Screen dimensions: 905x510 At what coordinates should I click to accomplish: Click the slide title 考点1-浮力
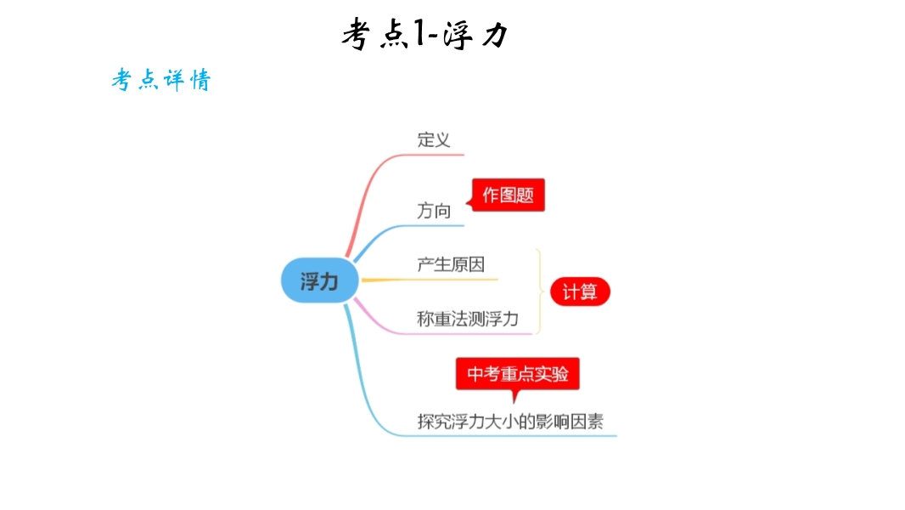tap(425, 34)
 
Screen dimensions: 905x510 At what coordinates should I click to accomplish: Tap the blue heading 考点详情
tap(161, 80)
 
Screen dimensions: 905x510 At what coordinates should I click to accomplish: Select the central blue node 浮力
tap(320, 280)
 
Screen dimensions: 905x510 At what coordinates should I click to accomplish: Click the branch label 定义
tap(434, 139)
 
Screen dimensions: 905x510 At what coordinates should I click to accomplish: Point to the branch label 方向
tap(434, 211)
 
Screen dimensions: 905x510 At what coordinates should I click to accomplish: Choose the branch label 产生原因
tap(451, 264)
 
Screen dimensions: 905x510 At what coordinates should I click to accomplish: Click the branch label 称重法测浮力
tap(468, 319)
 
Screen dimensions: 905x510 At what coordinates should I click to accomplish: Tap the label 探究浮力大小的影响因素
tap(510, 422)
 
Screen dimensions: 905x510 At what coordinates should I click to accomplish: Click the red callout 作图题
tap(508, 195)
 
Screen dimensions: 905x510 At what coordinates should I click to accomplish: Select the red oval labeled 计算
tap(580, 292)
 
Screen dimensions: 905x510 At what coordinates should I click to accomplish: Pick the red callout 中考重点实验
tap(518, 374)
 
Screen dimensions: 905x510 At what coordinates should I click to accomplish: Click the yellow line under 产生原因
tap(430, 280)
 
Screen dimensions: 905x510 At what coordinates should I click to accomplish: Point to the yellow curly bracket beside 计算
tap(540, 292)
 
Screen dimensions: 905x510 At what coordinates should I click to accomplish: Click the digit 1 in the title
tap(420, 33)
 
